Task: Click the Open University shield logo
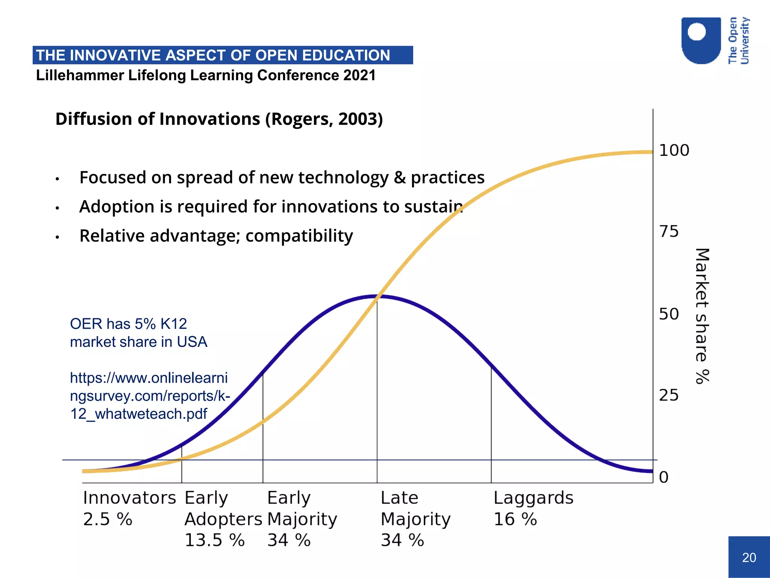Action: click(701, 41)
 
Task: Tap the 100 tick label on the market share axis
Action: click(674, 151)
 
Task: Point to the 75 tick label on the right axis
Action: click(669, 231)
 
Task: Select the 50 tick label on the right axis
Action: click(669, 314)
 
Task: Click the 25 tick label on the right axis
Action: click(669, 395)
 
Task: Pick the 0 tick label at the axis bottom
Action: click(664, 478)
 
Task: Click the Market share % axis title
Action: click(702, 316)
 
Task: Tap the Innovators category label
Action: click(129, 498)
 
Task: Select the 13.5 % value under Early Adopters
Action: click(214, 540)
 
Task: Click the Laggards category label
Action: click(533, 498)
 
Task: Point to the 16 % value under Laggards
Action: click(515, 519)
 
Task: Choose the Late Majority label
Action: click(415, 508)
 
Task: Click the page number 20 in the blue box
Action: click(749, 557)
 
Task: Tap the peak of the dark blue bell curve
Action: click(377, 297)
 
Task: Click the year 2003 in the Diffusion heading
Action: click(358, 119)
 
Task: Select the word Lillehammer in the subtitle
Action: click(80, 75)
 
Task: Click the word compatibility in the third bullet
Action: click(299, 236)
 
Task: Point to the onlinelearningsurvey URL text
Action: click(149, 395)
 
